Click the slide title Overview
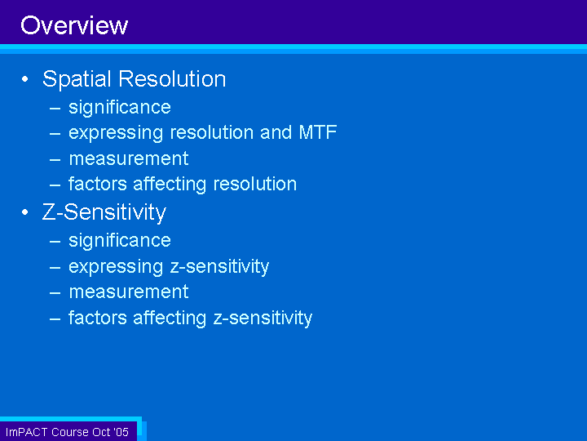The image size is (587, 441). click(74, 25)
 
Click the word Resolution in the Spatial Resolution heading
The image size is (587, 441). click(172, 78)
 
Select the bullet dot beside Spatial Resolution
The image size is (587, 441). click(25, 79)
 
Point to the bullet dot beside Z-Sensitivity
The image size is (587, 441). click(25, 212)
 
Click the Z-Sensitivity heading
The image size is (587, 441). click(104, 212)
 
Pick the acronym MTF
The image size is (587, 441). click(318, 132)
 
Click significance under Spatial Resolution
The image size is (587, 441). click(120, 108)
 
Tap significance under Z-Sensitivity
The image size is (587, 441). click(120, 241)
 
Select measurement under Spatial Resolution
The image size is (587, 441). click(129, 158)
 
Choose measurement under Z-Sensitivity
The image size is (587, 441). click(129, 292)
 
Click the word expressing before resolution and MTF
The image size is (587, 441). click(116, 133)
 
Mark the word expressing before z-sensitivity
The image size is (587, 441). click(116, 267)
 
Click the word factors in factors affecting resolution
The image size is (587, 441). click(98, 184)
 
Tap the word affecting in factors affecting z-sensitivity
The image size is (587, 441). click(170, 318)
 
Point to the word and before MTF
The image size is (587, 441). click(276, 132)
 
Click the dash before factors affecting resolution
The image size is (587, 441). click(55, 185)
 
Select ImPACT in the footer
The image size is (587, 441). click(27, 432)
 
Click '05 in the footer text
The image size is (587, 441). click(121, 432)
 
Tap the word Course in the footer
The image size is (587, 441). click(70, 432)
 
